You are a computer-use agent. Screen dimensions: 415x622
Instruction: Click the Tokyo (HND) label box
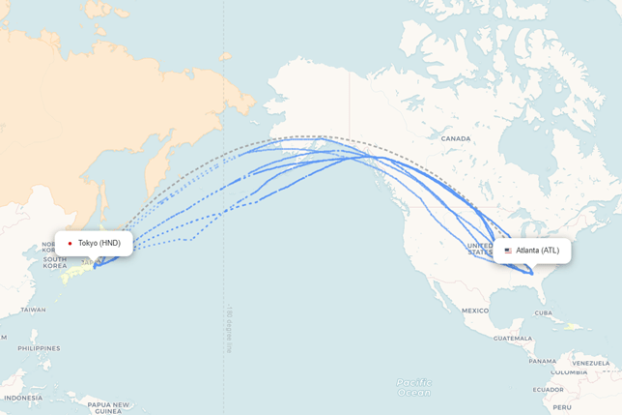pyautogui.click(x=94, y=243)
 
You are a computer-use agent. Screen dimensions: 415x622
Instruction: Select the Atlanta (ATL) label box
pyautogui.click(x=532, y=251)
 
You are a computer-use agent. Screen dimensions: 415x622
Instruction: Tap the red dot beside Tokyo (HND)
pyautogui.click(x=71, y=244)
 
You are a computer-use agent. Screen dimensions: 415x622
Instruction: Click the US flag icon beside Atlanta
pyautogui.click(x=508, y=251)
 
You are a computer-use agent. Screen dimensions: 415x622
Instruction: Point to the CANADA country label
pyautogui.click(x=456, y=138)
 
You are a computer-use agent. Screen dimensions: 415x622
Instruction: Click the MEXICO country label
pyautogui.click(x=474, y=311)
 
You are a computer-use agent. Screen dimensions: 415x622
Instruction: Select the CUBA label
pyautogui.click(x=543, y=313)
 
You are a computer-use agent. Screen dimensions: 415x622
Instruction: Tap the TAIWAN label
pyautogui.click(x=33, y=310)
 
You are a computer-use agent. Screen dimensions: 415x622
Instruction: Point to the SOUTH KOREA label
pyautogui.click(x=54, y=262)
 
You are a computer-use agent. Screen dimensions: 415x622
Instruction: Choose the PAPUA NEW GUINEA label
pyautogui.click(x=108, y=407)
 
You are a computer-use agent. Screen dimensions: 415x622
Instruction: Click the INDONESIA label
pyautogui.click(x=23, y=398)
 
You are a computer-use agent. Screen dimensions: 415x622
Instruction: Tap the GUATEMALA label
pyautogui.click(x=512, y=339)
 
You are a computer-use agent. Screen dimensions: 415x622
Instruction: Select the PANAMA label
pyautogui.click(x=543, y=362)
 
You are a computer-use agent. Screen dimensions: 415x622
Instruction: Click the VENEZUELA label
pyautogui.click(x=591, y=363)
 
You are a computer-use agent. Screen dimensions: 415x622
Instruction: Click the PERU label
pyautogui.click(x=562, y=407)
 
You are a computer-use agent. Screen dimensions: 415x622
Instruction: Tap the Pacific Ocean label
pyautogui.click(x=414, y=387)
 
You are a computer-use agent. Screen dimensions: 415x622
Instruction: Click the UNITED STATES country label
pyautogui.click(x=480, y=249)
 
